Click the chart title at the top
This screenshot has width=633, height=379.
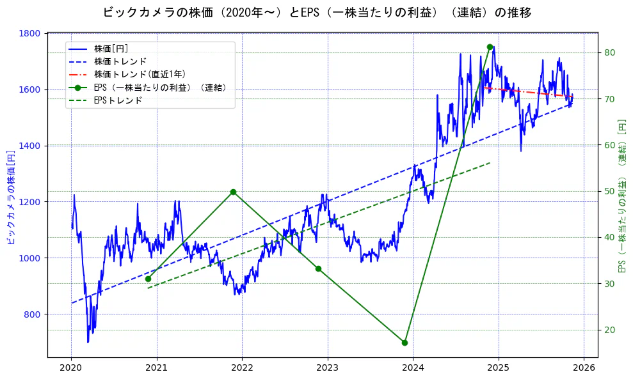tap(316, 13)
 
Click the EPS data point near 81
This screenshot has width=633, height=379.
tap(490, 47)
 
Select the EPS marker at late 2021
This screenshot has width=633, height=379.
tap(233, 192)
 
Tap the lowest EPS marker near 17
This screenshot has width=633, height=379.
tap(405, 343)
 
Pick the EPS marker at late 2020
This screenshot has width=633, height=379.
tap(148, 279)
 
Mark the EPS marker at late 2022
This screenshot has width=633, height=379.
tap(318, 268)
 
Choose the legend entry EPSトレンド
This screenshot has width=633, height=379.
tap(118, 100)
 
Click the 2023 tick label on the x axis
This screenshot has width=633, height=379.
tap(328, 367)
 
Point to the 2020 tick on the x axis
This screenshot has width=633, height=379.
tap(71, 367)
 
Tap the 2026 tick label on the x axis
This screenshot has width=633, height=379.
tap(584, 367)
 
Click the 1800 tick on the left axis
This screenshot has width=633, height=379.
tap(31, 33)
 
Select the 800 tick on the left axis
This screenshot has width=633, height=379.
tap(33, 314)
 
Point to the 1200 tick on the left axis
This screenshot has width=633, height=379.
tap(31, 202)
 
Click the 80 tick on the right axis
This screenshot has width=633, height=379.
tap(609, 52)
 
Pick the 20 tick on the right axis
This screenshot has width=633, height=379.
tap(609, 330)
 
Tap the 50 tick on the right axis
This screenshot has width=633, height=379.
tap(609, 191)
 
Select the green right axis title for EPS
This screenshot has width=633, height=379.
tap(621, 196)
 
